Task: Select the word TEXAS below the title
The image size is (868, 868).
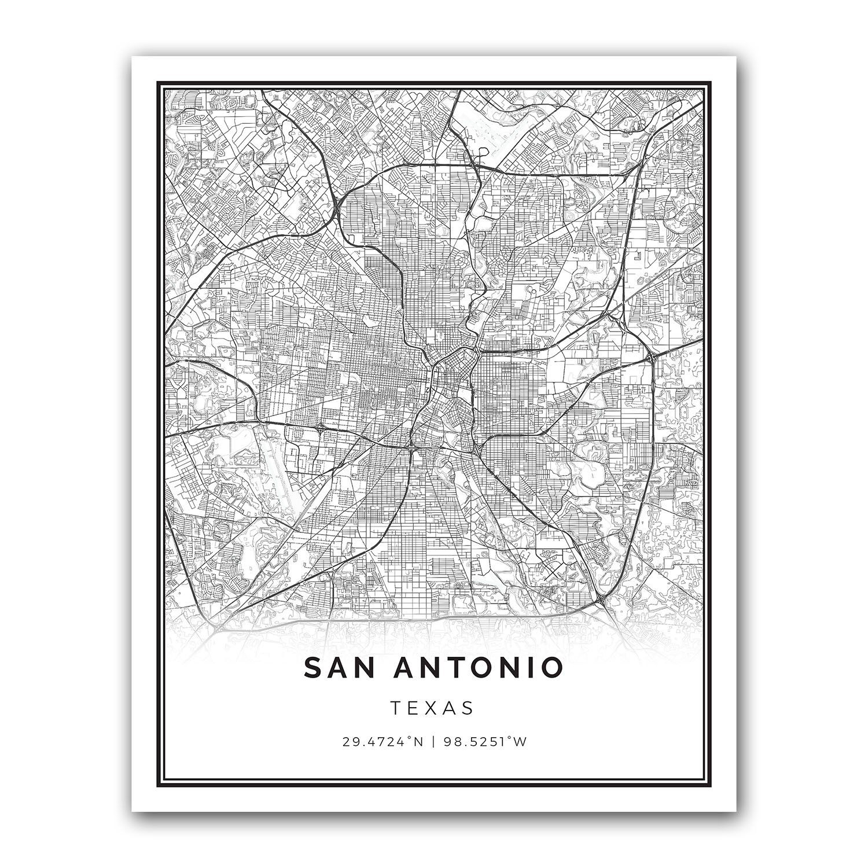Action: coord(433,708)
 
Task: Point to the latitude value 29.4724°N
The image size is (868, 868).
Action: coord(384,742)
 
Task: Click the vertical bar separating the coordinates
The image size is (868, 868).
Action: coord(434,742)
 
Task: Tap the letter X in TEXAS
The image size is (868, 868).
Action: coord(433,708)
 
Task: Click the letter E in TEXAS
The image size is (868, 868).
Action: coord(414,708)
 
